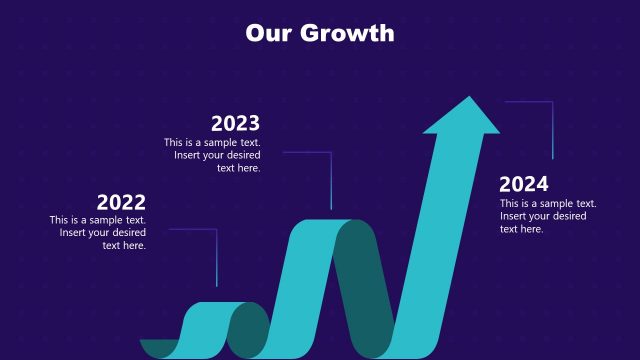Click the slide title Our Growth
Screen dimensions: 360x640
coord(320,33)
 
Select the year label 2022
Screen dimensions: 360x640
coord(121,202)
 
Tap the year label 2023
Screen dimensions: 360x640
coord(235,123)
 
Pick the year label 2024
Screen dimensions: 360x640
coord(524,184)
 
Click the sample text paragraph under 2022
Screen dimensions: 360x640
coord(99,233)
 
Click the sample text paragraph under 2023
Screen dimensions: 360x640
coord(213,155)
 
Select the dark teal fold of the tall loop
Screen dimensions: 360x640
coord(365,290)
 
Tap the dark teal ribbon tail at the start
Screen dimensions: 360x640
coord(158,348)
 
